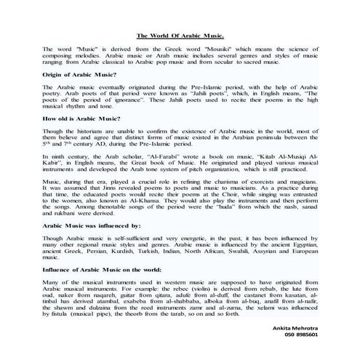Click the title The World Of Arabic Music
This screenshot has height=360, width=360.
tap(180, 34)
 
